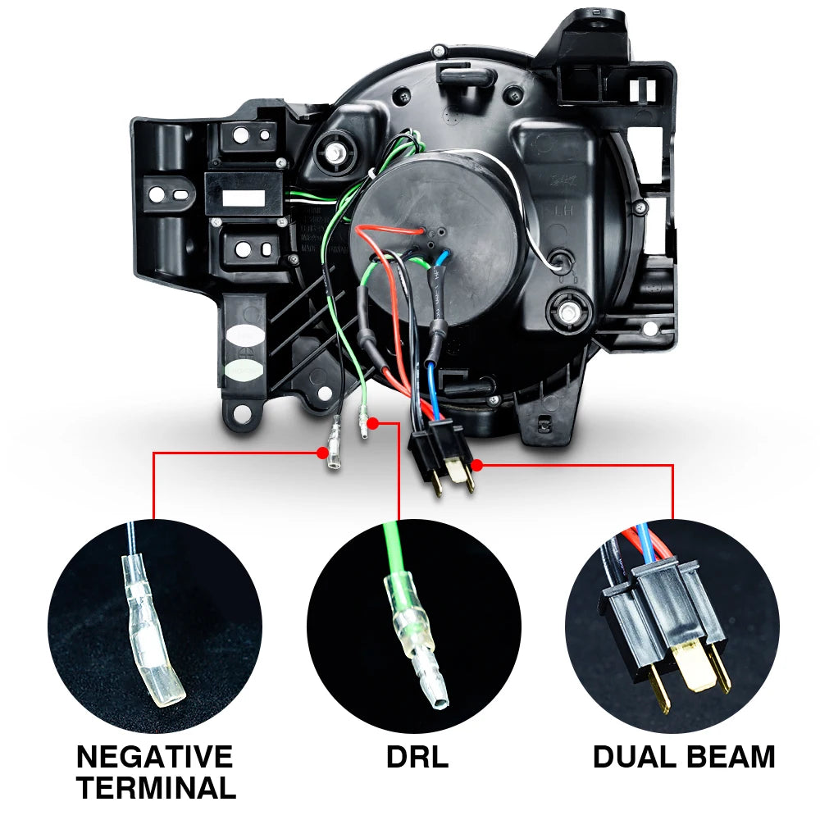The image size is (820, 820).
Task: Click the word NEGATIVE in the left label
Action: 155,755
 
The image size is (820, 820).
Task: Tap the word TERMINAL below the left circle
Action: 155,788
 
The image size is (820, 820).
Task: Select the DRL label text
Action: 417,757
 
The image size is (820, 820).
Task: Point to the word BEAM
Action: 731,757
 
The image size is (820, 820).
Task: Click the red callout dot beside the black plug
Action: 477,465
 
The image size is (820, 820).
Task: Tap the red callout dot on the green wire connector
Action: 373,424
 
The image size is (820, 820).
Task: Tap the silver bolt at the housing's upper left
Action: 335,153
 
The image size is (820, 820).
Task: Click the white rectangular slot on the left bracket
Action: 243,198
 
